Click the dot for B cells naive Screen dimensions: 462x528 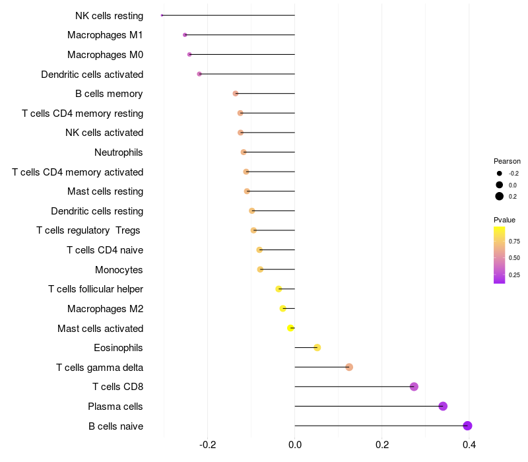coord(467,426)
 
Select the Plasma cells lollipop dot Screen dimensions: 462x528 coord(443,406)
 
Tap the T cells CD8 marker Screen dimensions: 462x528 coord(414,387)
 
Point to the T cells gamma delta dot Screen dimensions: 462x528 coord(349,367)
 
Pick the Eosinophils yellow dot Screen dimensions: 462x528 coord(317,347)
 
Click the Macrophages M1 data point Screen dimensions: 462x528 coord(185,35)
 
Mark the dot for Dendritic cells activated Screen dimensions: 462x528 coord(199,74)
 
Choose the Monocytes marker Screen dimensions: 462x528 coord(260,269)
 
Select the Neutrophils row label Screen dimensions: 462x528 coord(119,152)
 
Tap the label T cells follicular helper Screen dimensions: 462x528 coord(96,289)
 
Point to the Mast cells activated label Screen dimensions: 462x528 coord(100,328)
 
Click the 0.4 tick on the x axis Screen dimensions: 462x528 coord(469,445)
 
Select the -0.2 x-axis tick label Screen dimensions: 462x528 coord(207,445)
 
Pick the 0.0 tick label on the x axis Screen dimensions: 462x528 coord(294,445)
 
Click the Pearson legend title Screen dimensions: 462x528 coord(507,161)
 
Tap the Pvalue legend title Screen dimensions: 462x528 coord(504,220)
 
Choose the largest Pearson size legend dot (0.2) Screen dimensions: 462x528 coord(500,196)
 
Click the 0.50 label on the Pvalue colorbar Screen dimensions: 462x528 coord(514,257)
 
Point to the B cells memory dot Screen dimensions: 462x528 coord(236,94)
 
